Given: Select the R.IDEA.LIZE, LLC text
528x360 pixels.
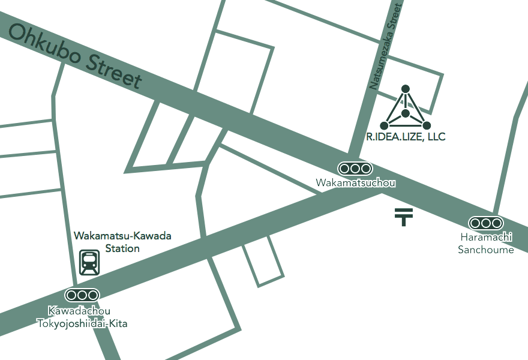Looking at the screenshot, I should [406, 137].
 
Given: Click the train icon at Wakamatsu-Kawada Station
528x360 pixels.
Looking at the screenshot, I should [89, 262].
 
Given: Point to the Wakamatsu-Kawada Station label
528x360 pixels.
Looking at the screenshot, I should [122, 242].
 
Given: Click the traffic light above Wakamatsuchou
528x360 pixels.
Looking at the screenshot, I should [356, 169].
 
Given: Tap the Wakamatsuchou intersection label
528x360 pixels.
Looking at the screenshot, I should [356, 182].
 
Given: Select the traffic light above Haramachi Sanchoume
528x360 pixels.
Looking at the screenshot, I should [485, 223].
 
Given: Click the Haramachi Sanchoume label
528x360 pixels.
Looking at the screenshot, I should [486, 244].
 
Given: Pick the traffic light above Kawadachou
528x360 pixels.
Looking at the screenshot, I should [82, 295].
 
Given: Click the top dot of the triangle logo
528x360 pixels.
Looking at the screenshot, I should [406, 89].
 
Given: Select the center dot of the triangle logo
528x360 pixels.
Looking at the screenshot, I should [406, 113].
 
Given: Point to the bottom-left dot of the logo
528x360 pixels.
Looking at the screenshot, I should [384, 125].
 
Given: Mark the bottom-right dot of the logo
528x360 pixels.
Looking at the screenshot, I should [427, 125].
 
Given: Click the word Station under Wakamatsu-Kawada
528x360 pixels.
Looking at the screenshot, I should [122, 248].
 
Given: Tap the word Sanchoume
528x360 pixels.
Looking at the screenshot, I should [486, 250].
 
